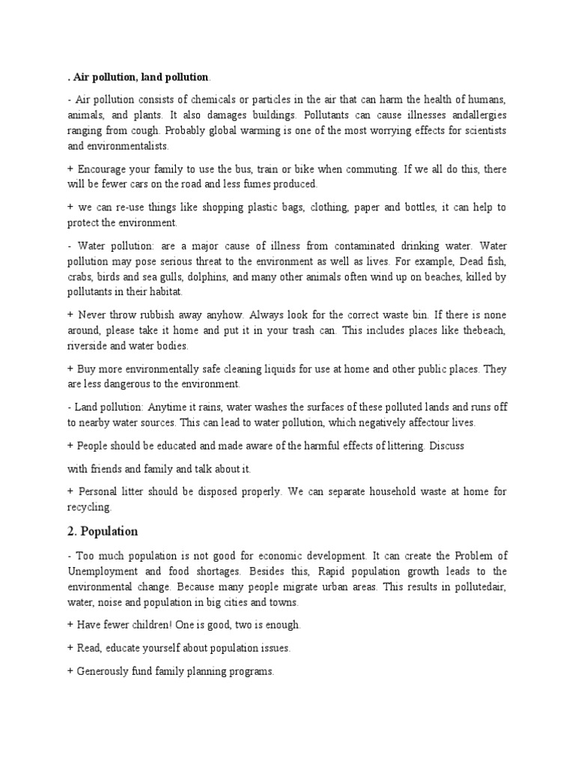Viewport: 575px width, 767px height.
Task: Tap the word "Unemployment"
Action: [x=103, y=572]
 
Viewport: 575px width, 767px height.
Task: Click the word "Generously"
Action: [x=106, y=672]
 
